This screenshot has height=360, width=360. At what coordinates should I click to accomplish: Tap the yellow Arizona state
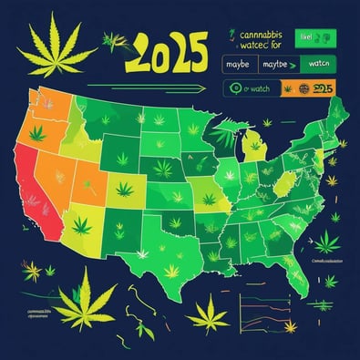(x=77, y=223)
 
